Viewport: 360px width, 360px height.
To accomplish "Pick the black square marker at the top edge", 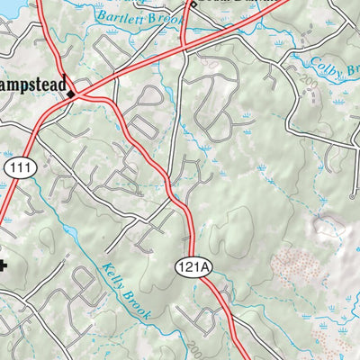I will [192, 4].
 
